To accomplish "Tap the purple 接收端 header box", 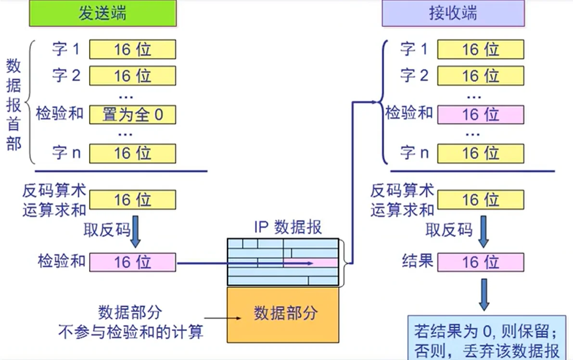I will coord(453,13).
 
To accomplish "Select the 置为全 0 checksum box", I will coord(132,115).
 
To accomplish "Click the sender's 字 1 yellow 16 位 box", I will coord(132,50).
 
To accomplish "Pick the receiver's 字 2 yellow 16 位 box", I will coord(480,76).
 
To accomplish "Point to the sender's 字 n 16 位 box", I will coord(132,154).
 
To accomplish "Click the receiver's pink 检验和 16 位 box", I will coord(480,115).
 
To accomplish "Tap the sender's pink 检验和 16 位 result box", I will coord(132,262).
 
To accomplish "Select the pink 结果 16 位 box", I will coord(480,262).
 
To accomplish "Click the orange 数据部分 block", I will coord(283,314).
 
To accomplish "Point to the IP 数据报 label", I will coord(288,227).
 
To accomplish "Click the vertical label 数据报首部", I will coord(14,105).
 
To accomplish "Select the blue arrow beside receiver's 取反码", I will coord(484,230).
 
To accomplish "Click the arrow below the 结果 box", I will coord(484,296).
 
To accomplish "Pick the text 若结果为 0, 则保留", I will coord(486,332).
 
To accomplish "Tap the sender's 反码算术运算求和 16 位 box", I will coord(132,200).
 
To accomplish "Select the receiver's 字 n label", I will coord(414,154).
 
